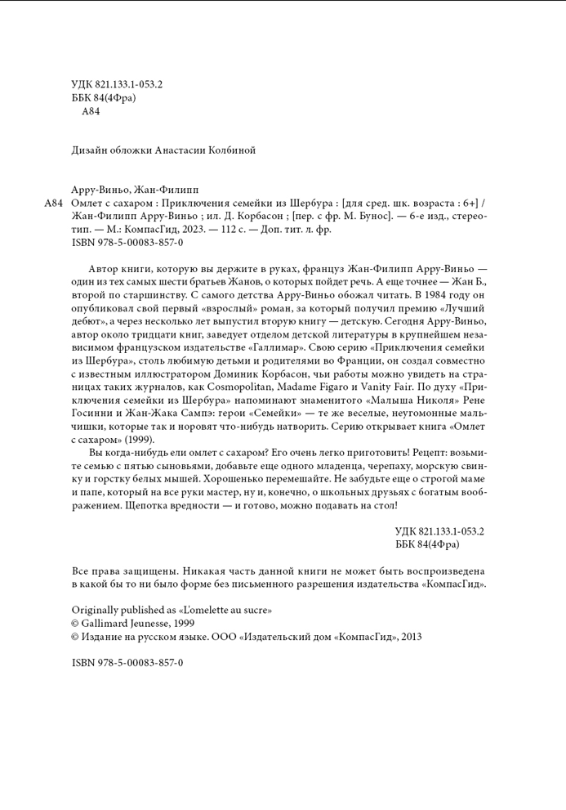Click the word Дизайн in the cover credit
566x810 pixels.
87,150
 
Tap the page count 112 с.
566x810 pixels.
231,230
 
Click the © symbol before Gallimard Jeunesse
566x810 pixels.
76,623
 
